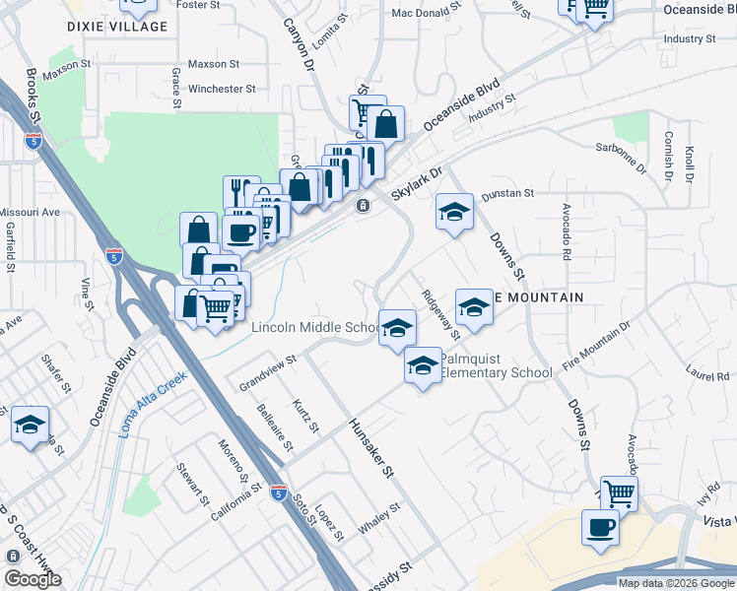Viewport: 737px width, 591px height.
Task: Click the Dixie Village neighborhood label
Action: pyautogui.click(x=117, y=27)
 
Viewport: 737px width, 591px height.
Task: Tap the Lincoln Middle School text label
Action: pyautogui.click(x=314, y=328)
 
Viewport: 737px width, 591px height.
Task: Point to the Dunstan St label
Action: pyautogui.click(x=507, y=194)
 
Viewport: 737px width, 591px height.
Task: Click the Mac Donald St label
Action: pyautogui.click(x=426, y=14)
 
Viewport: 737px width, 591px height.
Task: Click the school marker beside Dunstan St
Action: pyautogui.click(x=454, y=212)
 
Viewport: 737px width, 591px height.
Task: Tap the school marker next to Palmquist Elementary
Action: pyautogui.click(x=423, y=366)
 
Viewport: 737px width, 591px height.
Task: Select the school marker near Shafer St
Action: pyautogui.click(x=30, y=424)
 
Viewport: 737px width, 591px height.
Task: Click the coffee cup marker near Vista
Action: pyautogui.click(x=600, y=527)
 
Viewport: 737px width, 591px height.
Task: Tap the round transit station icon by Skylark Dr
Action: pyautogui.click(x=363, y=205)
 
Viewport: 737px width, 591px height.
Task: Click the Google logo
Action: pyautogui.click(x=33, y=578)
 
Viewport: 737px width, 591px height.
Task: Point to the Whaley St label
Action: pyautogui.click(x=379, y=519)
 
